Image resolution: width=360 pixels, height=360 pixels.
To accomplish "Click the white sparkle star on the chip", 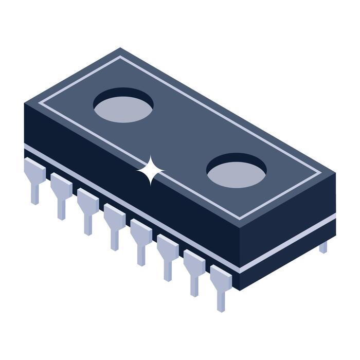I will click(150, 171).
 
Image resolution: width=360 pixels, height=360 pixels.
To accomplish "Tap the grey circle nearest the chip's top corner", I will click(123, 109).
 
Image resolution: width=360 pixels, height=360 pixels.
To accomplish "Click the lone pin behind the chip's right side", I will click(323, 247).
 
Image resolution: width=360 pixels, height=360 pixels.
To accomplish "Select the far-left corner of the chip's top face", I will click(25, 103).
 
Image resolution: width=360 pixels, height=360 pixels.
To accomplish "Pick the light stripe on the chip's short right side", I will click(288, 244).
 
